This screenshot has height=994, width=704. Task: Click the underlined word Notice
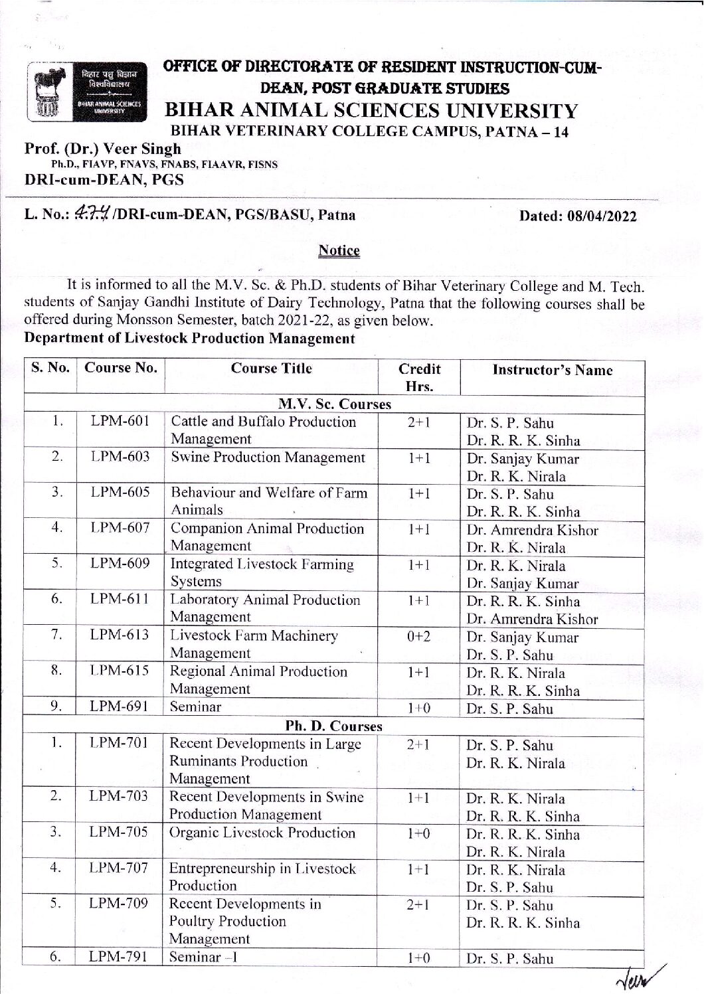point(339,251)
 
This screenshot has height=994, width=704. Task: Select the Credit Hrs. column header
point(419,377)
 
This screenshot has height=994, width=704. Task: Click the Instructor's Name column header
point(552,371)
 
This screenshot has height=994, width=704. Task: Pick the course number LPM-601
point(120,422)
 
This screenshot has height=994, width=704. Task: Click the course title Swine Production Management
point(268,457)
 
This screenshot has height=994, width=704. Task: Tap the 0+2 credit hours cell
point(419,636)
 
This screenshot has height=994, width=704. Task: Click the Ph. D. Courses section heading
point(334,726)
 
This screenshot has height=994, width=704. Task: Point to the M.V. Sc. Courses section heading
point(334,404)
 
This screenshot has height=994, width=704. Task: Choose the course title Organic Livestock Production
point(262,833)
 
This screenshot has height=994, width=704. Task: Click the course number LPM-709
point(120,904)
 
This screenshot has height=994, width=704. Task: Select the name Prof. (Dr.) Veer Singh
point(102,149)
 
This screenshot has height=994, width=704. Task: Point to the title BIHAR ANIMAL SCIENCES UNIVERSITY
point(371,111)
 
